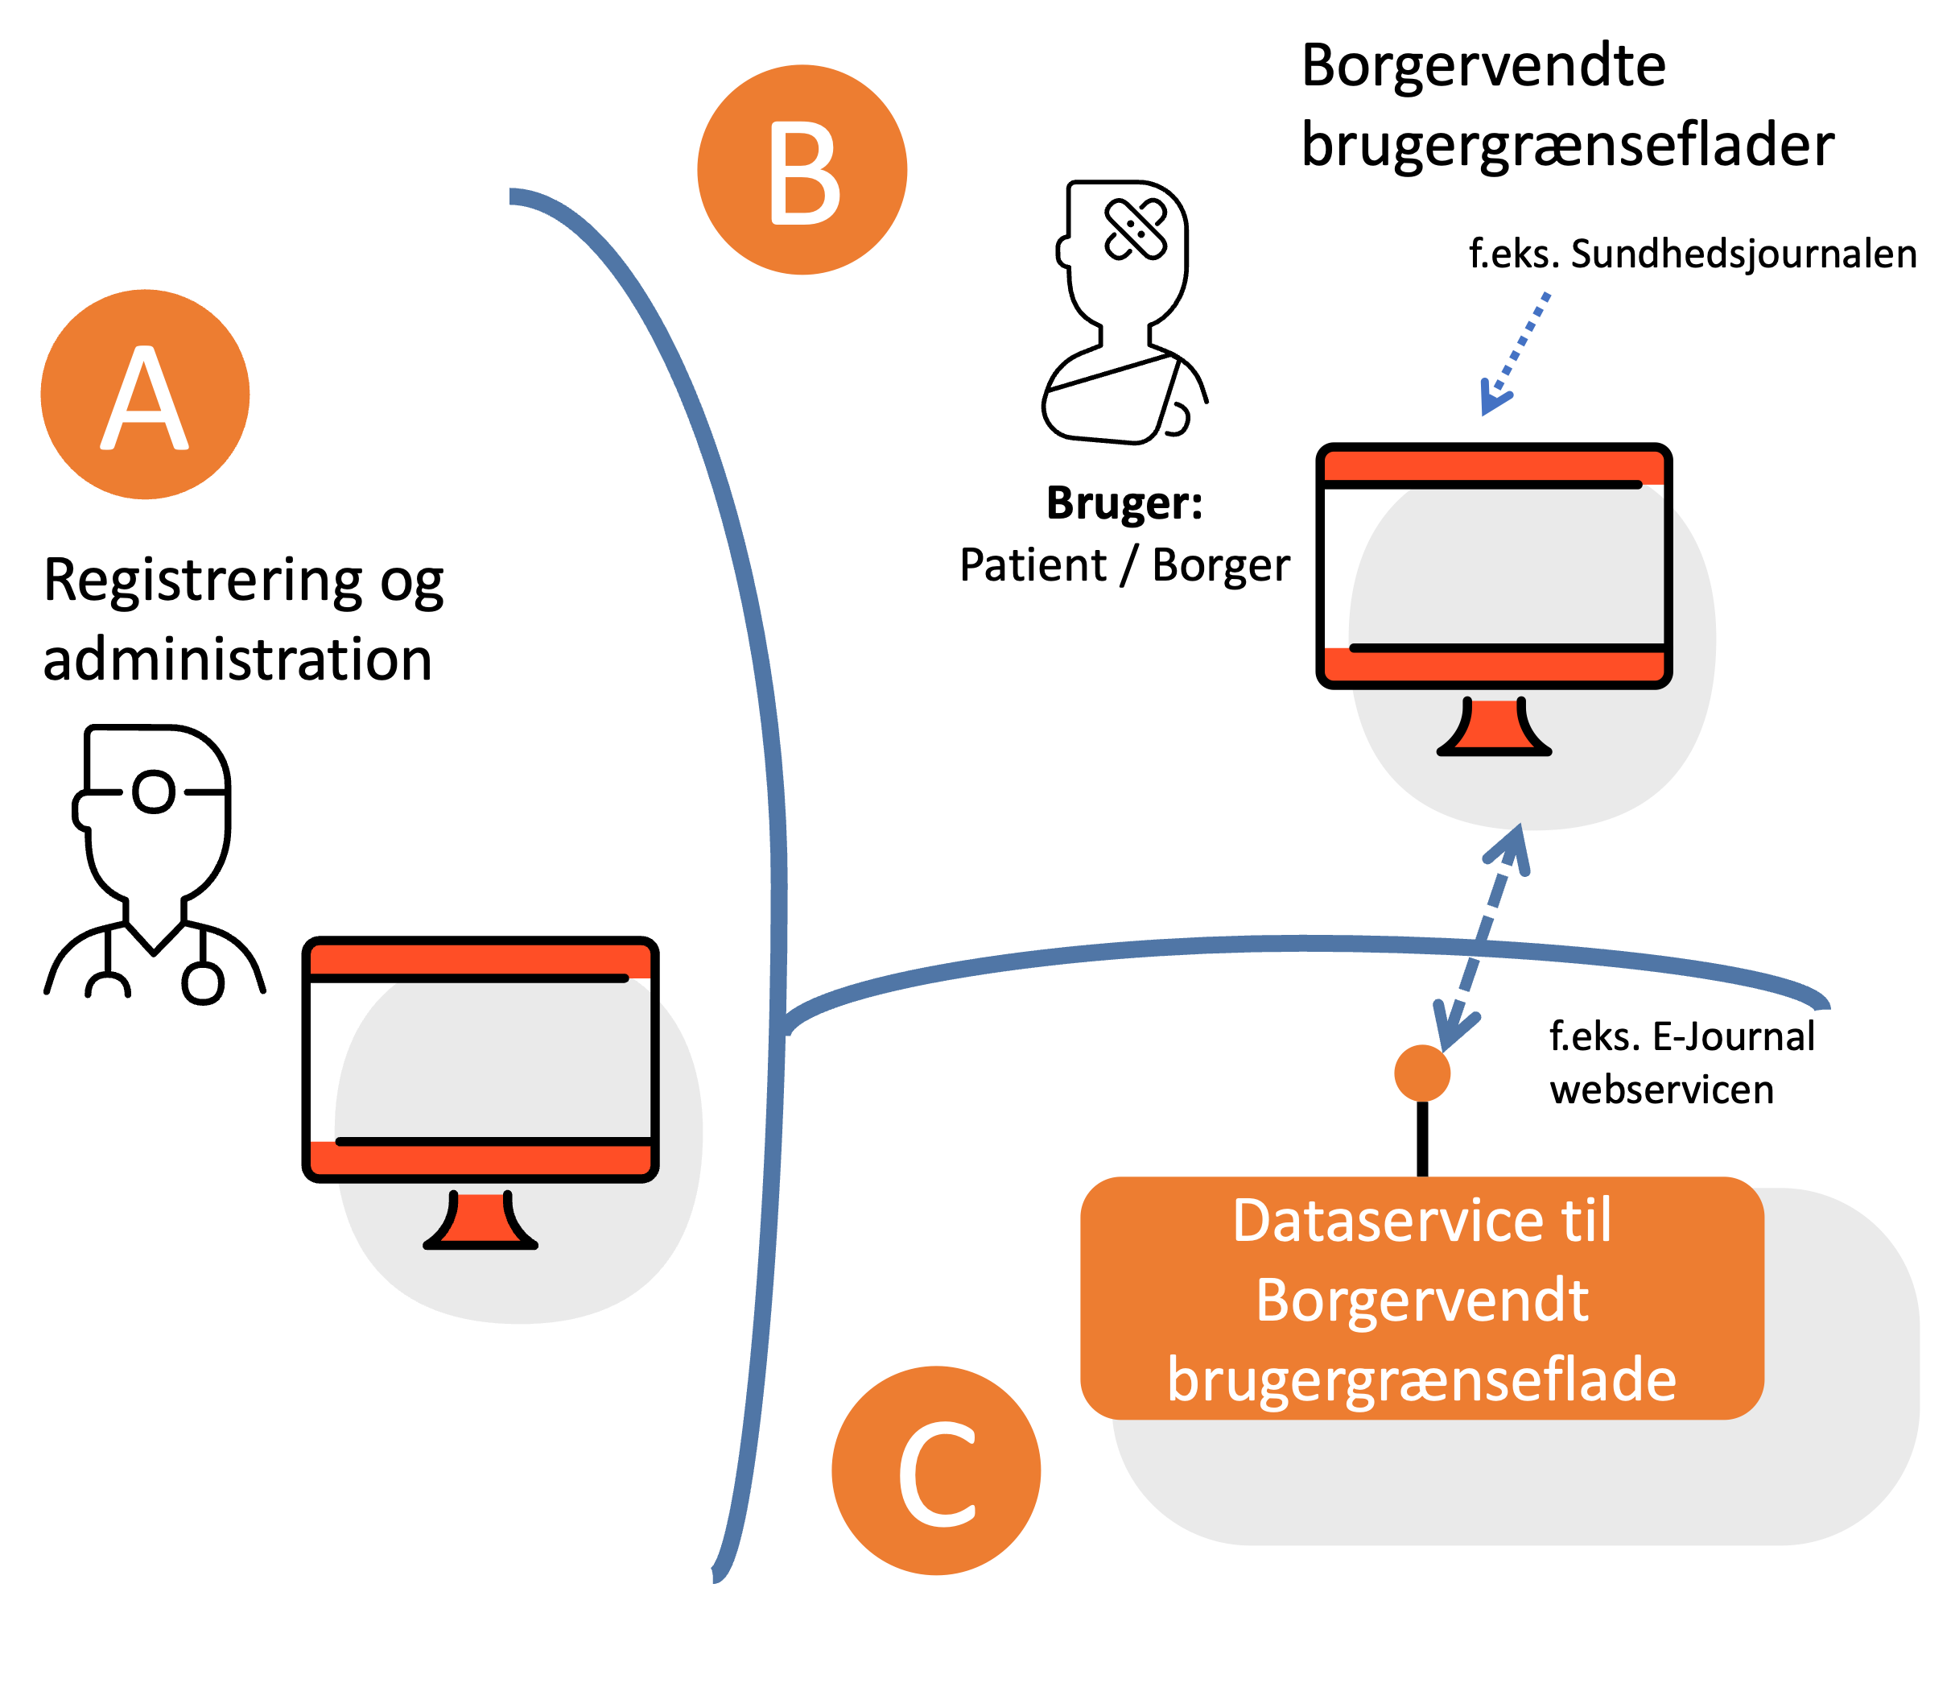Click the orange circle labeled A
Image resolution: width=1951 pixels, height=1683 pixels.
(145, 394)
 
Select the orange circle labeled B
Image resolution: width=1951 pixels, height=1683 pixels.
(802, 170)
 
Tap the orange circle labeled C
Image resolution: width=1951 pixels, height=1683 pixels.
(936, 1470)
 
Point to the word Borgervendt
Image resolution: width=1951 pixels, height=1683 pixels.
(1422, 1300)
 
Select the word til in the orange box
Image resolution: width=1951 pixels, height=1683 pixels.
(1586, 1221)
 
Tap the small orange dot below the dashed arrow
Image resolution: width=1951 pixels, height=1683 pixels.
(1422, 1073)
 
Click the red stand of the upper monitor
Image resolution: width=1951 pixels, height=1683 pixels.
(1495, 727)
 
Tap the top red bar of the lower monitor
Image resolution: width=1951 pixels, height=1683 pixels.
(481, 960)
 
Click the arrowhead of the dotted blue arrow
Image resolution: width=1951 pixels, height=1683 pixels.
(1491, 400)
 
